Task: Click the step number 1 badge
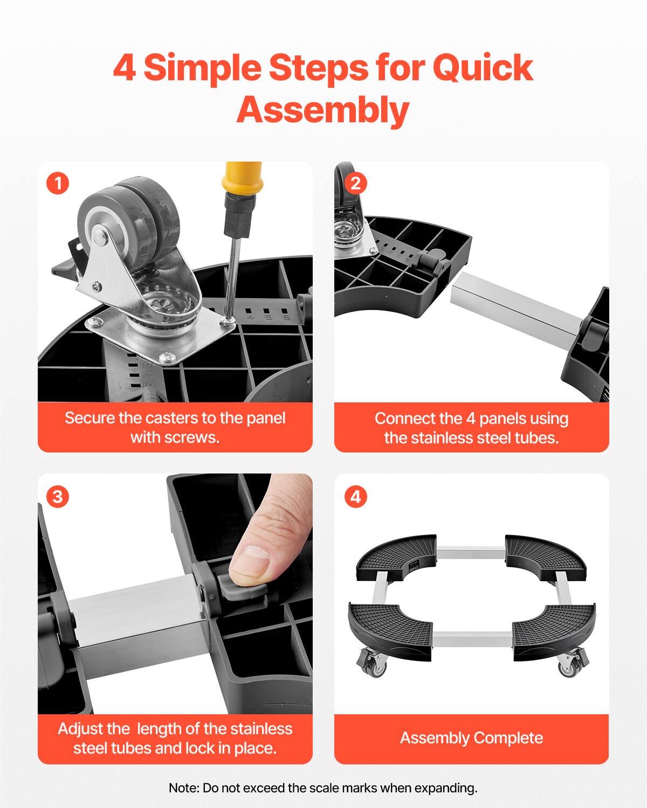[x=58, y=184]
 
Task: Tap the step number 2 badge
[x=355, y=184]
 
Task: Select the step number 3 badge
[x=58, y=496]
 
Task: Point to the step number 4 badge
[x=355, y=496]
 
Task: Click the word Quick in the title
[x=483, y=68]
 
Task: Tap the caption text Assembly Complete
[x=471, y=737]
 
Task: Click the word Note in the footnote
[x=183, y=788]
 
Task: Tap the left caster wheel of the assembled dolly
[x=377, y=668]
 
